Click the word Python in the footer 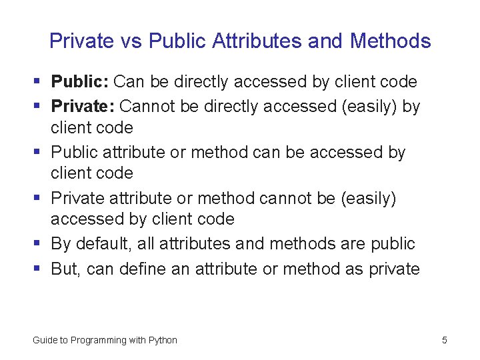tap(163, 340)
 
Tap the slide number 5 tap(444, 340)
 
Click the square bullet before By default tap(37, 245)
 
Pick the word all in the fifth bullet tap(145, 244)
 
